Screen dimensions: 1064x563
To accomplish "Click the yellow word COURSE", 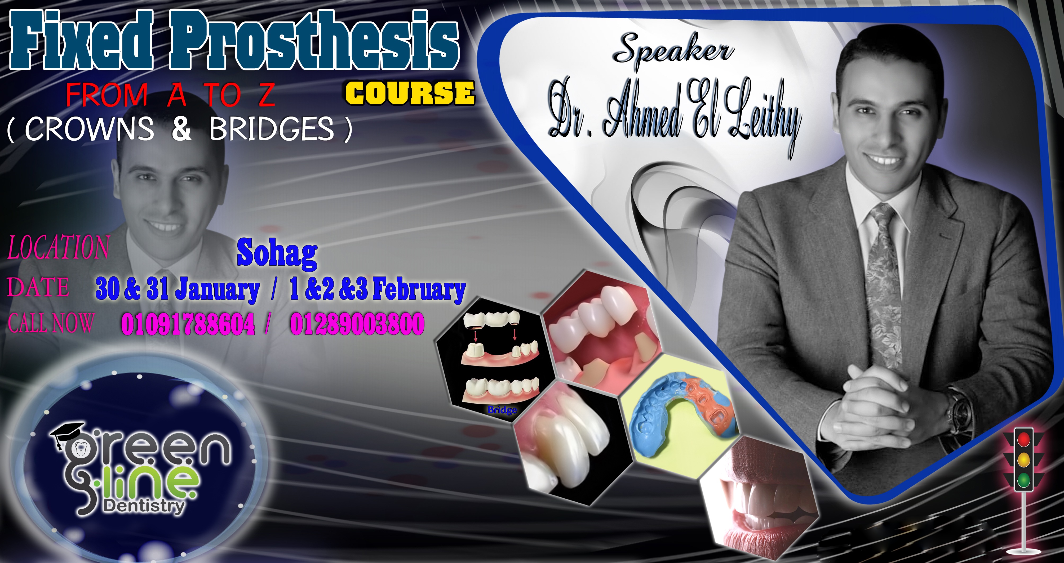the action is tap(410, 93).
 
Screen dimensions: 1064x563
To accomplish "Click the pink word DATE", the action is tap(38, 287).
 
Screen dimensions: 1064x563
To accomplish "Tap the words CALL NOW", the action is tap(51, 323).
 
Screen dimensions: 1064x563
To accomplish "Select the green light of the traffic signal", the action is tap(1023, 480).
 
